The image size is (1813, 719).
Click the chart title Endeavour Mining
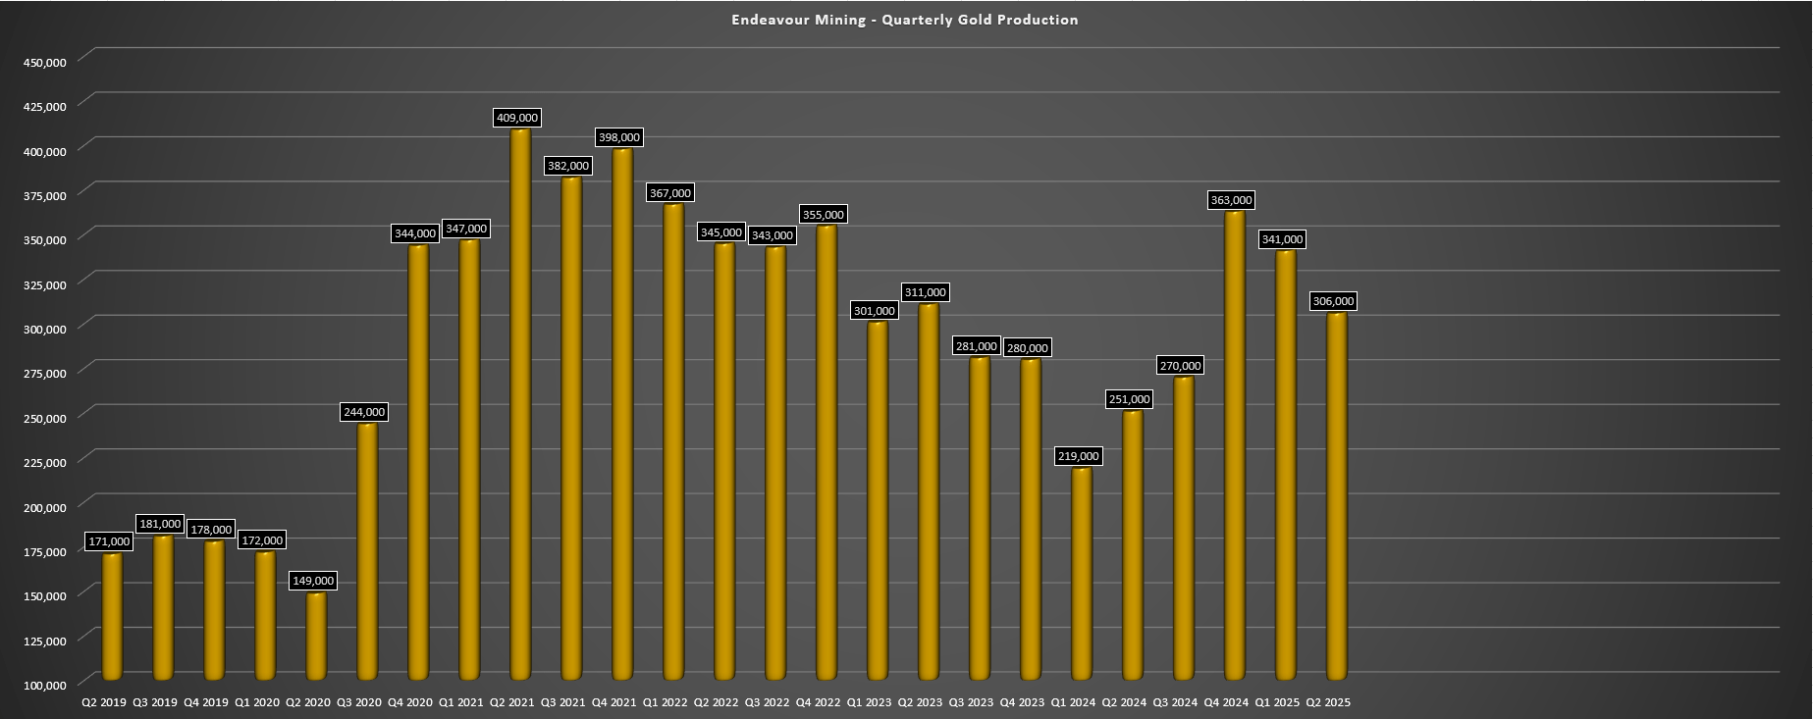pos(904,20)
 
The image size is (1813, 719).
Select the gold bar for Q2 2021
pos(520,402)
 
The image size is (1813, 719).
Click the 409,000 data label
pos(517,118)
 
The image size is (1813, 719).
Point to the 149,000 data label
pos(313,581)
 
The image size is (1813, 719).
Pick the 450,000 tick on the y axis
pos(43,62)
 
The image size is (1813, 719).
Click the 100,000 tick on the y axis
pos(43,685)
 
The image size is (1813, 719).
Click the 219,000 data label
pos(1079,456)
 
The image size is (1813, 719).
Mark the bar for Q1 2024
pos(1082,574)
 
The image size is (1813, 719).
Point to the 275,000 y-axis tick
pos(43,373)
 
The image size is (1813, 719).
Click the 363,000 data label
pos(1232,200)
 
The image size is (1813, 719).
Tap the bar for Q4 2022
pos(827,451)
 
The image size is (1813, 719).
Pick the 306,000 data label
pos(1333,301)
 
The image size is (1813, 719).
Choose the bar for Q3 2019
pos(163,608)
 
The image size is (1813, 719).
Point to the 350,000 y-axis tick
pos(43,239)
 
